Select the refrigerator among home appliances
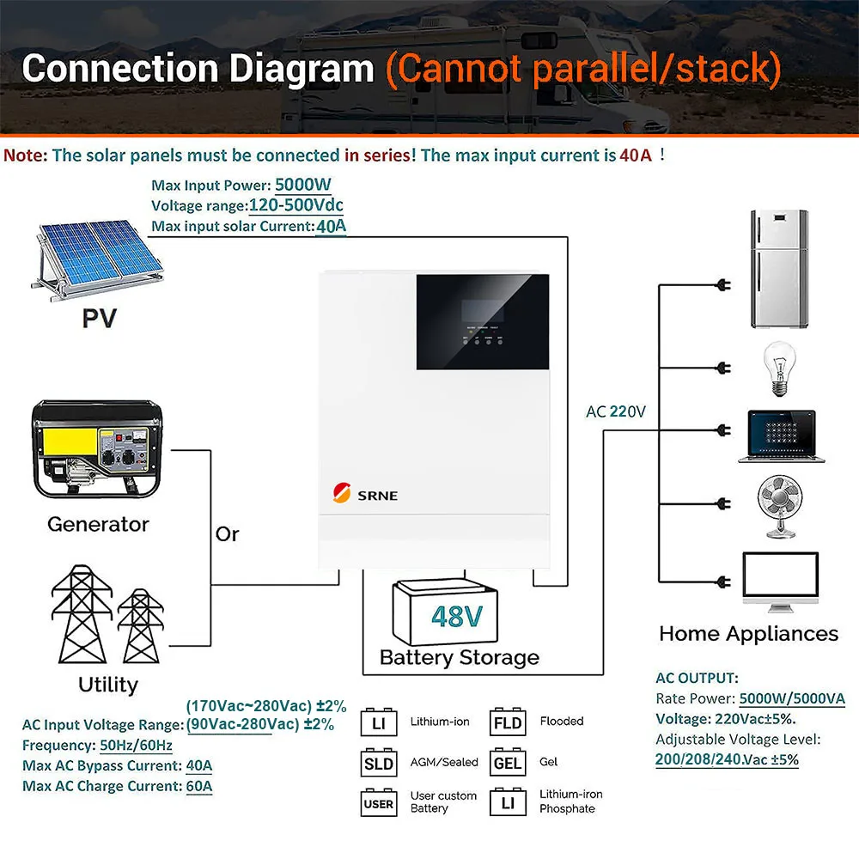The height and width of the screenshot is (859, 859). coord(780,268)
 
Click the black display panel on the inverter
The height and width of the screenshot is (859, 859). coord(483,328)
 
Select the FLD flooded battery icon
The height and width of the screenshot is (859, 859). coord(508,722)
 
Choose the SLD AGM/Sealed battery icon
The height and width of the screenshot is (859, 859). coord(378,763)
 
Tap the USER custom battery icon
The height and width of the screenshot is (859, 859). coord(378,803)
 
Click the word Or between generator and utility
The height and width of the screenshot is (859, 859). coord(227,533)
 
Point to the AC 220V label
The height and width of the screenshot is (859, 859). coord(616,411)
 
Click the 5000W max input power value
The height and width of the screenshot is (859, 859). coord(303,184)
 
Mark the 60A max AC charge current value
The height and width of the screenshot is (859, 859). coord(199,785)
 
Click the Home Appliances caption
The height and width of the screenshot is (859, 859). coord(748,634)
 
